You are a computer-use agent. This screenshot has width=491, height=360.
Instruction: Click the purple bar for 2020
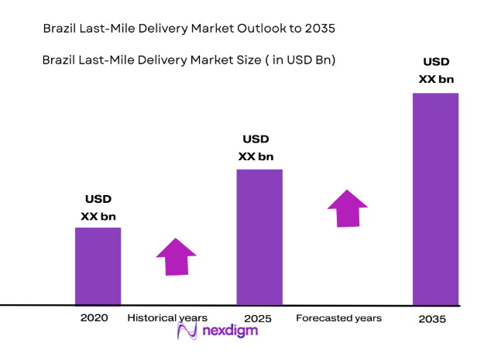(x=98, y=266)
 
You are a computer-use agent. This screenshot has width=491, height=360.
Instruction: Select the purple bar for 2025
(x=259, y=237)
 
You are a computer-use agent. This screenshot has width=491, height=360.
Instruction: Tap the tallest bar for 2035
(x=435, y=199)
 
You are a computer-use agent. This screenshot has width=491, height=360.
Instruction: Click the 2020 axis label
(x=94, y=318)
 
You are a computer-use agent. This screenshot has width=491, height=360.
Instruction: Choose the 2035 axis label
(x=432, y=318)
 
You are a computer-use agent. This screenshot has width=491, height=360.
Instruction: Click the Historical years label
(x=167, y=318)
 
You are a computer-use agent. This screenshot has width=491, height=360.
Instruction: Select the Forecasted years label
(x=338, y=318)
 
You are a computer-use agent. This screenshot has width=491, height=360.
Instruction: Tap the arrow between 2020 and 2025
(x=177, y=257)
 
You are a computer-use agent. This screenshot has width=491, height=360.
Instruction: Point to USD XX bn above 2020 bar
(x=98, y=208)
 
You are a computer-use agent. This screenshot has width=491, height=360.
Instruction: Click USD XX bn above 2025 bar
(x=256, y=148)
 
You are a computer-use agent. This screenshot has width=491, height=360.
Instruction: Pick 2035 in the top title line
(x=321, y=29)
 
